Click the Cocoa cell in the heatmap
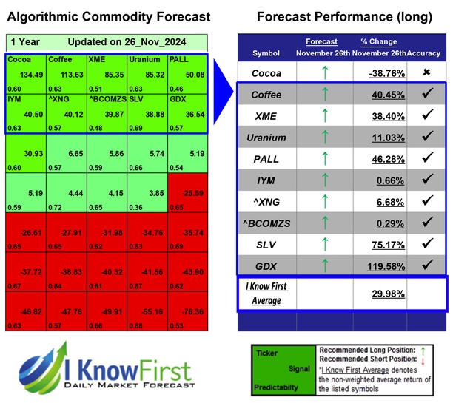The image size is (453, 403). tap(24, 73)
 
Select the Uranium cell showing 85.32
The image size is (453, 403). tap(145, 73)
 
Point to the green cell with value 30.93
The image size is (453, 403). tap(24, 153)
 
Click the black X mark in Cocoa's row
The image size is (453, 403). tap(426, 73)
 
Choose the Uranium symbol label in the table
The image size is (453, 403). tap(266, 138)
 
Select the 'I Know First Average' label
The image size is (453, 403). tap(266, 293)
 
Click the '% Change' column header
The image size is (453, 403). tap(378, 41)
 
